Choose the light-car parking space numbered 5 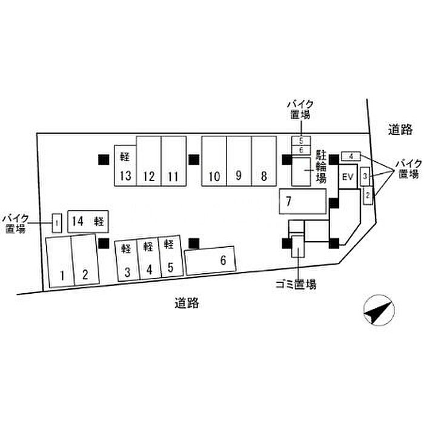click(170, 257)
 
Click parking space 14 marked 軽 click(88, 222)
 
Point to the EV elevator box click(347, 177)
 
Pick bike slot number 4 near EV click(351, 156)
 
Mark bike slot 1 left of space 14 click(56, 224)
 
